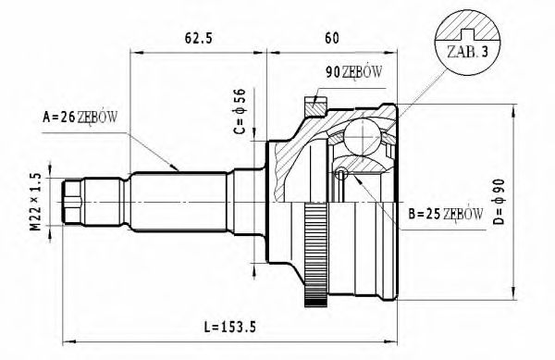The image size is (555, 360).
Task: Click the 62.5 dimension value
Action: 199,39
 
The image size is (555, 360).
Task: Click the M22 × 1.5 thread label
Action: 35,202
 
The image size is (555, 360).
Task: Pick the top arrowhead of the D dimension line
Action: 513,109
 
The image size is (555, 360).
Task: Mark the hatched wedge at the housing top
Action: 316,108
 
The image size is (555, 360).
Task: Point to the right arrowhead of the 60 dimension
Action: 395,52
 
